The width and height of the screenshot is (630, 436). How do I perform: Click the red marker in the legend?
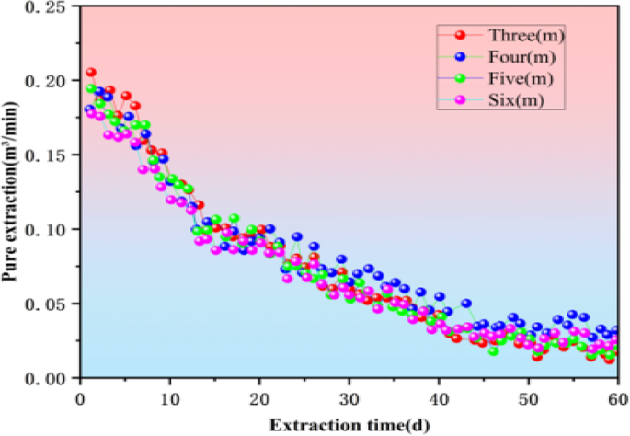(x=461, y=35)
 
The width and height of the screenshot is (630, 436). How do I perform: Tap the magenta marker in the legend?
(x=461, y=98)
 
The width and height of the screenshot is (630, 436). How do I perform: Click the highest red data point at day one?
(x=91, y=73)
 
